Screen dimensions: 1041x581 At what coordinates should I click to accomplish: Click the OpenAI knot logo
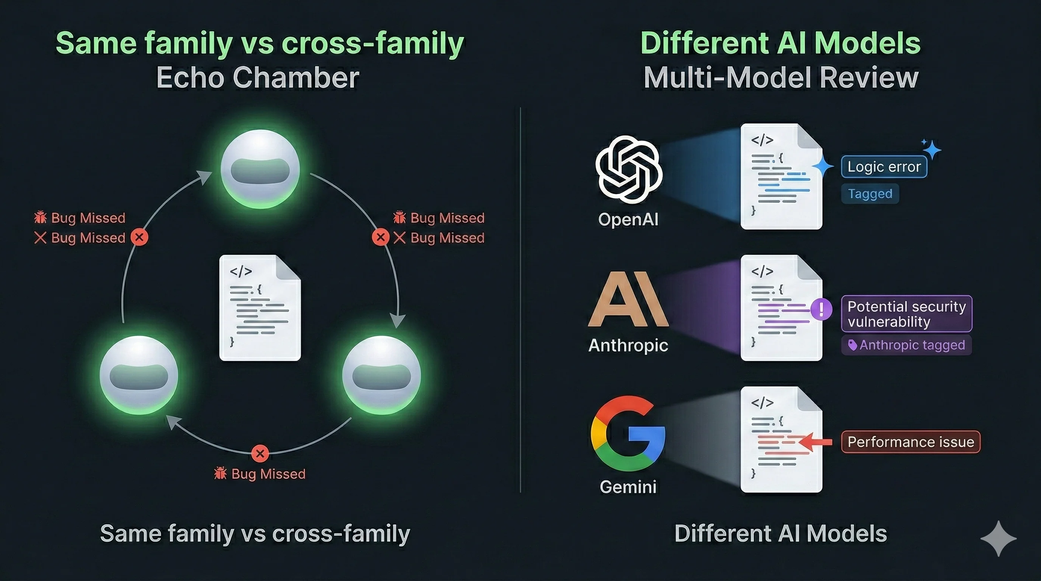[628, 170]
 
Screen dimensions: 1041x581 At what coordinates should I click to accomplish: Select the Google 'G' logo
[628, 433]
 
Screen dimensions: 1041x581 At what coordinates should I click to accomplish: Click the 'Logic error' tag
[884, 166]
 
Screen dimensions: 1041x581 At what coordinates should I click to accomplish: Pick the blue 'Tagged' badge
[870, 194]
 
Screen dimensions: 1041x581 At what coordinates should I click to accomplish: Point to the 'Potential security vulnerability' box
[906, 314]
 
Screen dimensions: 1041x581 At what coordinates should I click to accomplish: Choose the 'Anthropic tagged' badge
[906, 345]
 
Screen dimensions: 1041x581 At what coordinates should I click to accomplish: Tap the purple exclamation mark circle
[821, 309]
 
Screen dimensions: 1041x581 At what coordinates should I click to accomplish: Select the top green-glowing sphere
[260, 169]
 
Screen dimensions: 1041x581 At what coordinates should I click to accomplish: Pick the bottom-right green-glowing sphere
[381, 375]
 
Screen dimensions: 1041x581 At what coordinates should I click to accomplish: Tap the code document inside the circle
[260, 308]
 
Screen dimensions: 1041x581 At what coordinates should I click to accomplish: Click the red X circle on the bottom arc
[260, 453]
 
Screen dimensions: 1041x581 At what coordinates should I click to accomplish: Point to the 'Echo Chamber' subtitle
[258, 78]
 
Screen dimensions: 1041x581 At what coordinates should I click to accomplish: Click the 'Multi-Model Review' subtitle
[781, 78]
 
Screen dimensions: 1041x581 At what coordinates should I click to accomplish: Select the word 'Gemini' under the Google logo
[628, 487]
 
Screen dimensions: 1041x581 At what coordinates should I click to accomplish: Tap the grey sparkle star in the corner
[998, 539]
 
